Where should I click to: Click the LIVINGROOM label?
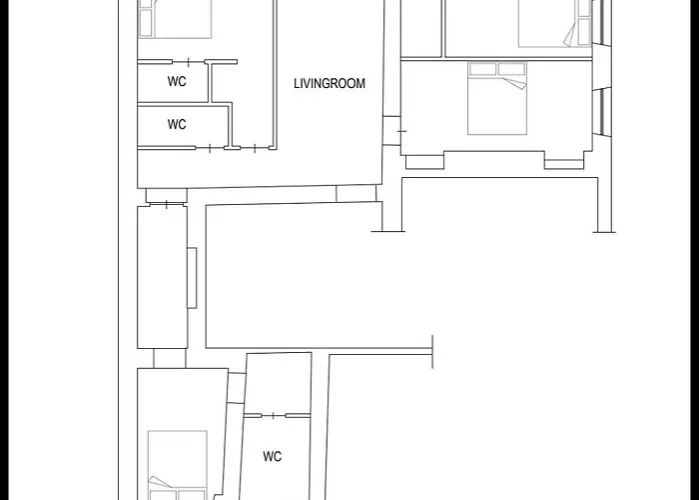click(330, 83)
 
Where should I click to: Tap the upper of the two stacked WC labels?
click(177, 81)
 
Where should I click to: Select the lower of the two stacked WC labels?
click(177, 124)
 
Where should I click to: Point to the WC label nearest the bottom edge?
click(272, 456)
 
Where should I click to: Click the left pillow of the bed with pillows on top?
click(482, 69)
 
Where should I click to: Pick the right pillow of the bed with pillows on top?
click(511, 69)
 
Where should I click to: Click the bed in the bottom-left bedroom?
click(178, 465)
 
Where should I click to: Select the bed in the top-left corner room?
click(175, 19)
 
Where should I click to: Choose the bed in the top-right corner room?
click(555, 23)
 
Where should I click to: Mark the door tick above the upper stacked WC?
click(188, 62)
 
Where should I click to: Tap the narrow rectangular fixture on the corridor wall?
click(192, 278)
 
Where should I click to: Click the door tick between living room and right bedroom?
click(401, 131)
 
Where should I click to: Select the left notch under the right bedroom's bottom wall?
click(424, 162)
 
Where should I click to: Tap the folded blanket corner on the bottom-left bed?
click(159, 483)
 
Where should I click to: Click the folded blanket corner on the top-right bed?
click(570, 33)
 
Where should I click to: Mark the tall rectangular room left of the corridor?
click(162, 277)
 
